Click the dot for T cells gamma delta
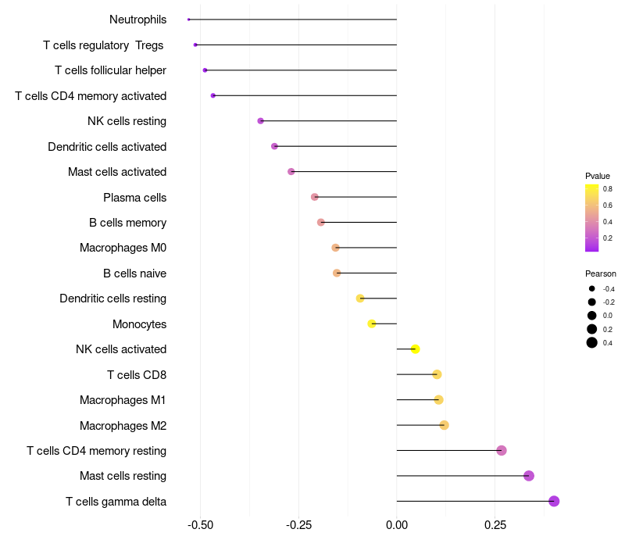(x=554, y=502)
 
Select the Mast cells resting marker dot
(x=529, y=476)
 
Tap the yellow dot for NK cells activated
(x=416, y=349)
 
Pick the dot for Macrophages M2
(x=444, y=425)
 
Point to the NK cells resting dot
(x=261, y=121)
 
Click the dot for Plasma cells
(x=315, y=197)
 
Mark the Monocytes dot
(x=372, y=324)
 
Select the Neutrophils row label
(x=137, y=20)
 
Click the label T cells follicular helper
(x=110, y=70)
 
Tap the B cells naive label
(x=134, y=273)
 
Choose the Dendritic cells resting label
(x=112, y=299)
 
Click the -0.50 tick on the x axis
(x=201, y=526)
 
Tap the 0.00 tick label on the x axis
(x=397, y=526)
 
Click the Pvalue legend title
(x=598, y=176)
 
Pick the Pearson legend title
(x=600, y=273)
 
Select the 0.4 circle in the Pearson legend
(x=592, y=342)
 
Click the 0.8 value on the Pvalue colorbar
(x=607, y=189)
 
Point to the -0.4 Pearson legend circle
(x=592, y=289)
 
